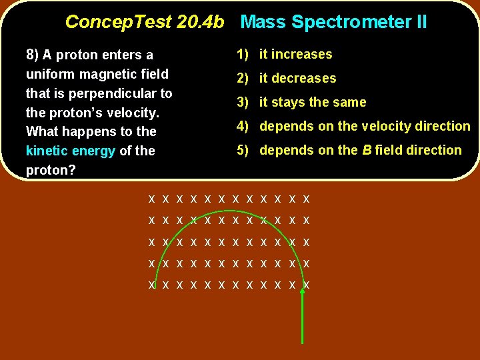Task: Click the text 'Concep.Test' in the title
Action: (117, 22)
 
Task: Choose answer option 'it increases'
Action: (295, 54)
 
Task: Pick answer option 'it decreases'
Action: (297, 78)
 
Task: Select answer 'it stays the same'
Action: (313, 102)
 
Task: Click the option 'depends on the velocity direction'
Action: (365, 126)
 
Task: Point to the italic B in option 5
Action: (367, 150)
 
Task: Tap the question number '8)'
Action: (33, 55)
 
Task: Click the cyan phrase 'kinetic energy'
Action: (71, 151)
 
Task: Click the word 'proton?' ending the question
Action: (51, 170)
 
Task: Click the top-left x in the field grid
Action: (152, 199)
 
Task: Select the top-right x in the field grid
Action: (306, 199)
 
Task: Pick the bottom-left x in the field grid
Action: (152, 285)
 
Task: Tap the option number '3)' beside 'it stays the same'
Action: (243, 102)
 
